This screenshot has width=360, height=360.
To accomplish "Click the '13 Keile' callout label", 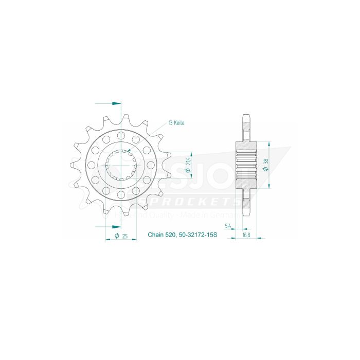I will pyautogui.click(x=176, y=123).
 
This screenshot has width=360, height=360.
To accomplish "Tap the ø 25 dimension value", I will pyautogui.click(x=122, y=236).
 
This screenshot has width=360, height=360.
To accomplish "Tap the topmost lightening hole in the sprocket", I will pyautogui.click(x=121, y=135).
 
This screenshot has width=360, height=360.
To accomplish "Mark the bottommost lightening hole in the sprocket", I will pyautogui.click(x=121, y=194).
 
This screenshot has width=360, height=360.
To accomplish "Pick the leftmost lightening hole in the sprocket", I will pyautogui.click(x=92, y=165).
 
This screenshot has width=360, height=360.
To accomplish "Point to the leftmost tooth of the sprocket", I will pyautogui.click(x=72, y=165).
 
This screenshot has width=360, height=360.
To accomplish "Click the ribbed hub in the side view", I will pyautogui.click(x=246, y=165).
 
